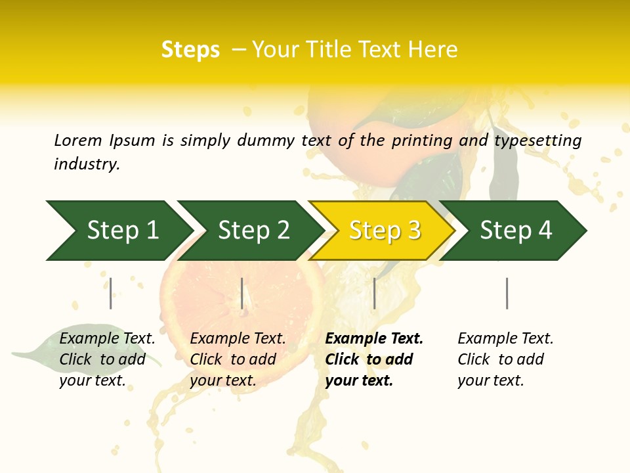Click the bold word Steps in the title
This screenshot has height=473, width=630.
[x=190, y=50]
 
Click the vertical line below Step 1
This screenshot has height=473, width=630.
[x=111, y=293]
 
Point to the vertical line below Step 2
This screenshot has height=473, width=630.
[x=242, y=293]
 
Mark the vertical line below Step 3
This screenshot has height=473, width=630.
[x=374, y=293]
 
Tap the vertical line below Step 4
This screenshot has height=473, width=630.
[x=507, y=293]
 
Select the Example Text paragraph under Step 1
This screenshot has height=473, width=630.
[x=107, y=359]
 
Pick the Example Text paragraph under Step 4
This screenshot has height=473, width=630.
[x=505, y=359]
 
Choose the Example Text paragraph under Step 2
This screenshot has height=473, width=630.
[x=238, y=359]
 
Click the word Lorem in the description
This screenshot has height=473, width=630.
[x=78, y=140]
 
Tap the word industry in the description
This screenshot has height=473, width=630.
[x=87, y=164]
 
